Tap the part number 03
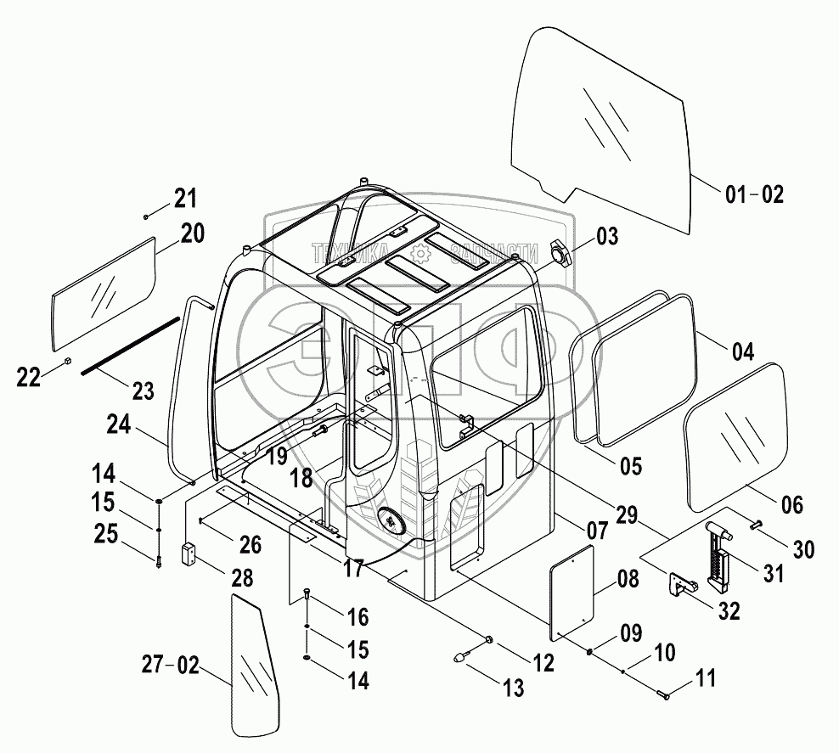606,237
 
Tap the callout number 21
185,199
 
